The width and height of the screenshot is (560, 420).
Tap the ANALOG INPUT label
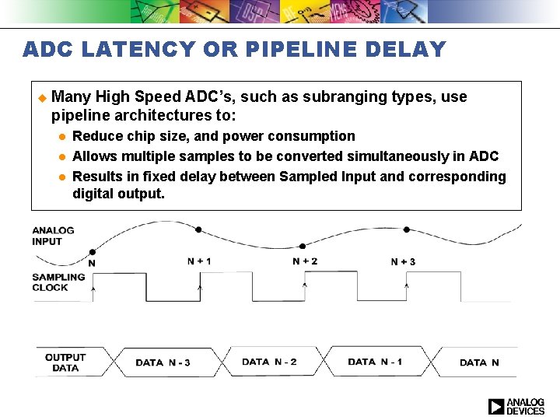pyautogui.click(x=53, y=236)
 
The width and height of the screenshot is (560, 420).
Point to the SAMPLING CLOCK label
pyautogui.click(x=59, y=282)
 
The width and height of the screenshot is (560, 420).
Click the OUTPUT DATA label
pyautogui.click(x=65, y=362)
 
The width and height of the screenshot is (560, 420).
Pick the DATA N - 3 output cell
pyautogui.click(x=163, y=362)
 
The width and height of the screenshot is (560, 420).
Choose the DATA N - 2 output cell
pyautogui.click(x=269, y=362)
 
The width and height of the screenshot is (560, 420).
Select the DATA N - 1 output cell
pyautogui.click(x=375, y=362)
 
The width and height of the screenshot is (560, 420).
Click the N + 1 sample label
pyautogui.click(x=199, y=261)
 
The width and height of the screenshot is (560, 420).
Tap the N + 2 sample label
pyautogui.click(x=305, y=261)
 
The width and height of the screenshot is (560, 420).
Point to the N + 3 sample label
pyautogui.click(x=403, y=262)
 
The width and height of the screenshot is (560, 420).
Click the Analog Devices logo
pyautogui.click(x=516, y=406)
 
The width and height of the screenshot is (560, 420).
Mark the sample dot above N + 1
pyautogui.click(x=199, y=229)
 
